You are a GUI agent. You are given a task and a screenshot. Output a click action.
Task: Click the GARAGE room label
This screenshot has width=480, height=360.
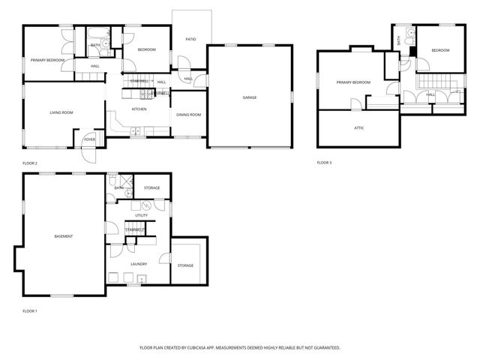pyautogui.click(x=249, y=97)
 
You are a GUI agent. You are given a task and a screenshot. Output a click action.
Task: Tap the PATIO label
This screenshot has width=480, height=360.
pyautogui.click(x=191, y=38)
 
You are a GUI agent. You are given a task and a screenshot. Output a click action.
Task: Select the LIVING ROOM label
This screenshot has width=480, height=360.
pyautogui.click(x=61, y=112)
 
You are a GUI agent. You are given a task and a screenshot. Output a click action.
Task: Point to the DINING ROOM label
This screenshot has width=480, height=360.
pyautogui.click(x=188, y=115)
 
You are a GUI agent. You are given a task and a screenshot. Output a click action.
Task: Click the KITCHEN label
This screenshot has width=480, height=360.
pyautogui.click(x=139, y=109)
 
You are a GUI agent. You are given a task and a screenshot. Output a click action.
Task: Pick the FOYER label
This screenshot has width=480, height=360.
pyautogui.click(x=89, y=139)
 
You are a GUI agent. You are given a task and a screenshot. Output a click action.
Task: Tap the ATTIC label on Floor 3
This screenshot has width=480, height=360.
pyautogui.click(x=359, y=128)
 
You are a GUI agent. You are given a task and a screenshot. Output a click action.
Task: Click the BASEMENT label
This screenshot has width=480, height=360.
pyautogui.click(x=64, y=236)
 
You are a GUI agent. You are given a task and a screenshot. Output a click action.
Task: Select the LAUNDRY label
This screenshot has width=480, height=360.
pyautogui.click(x=138, y=263)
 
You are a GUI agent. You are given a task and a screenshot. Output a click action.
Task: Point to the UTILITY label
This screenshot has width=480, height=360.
pyautogui.click(x=141, y=215)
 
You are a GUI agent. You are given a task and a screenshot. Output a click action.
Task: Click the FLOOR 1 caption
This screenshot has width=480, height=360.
pyautogui.click(x=30, y=310)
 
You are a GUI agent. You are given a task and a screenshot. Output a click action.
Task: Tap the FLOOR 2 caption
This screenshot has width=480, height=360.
pyautogui.click(x=30, y=163)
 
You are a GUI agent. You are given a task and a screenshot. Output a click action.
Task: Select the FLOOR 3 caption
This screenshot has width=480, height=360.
pyautogui.click(x=324, y=163)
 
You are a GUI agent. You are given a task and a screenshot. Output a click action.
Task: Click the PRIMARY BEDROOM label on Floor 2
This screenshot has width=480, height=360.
pyautogui.click(x=46, y=59)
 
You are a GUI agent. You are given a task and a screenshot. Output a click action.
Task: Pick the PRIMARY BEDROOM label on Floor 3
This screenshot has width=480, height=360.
pyautogui.click(x=352, y=82)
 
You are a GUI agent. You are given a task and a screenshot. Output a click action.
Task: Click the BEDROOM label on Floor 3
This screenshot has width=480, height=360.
pyautogui.click(x=440, y=50)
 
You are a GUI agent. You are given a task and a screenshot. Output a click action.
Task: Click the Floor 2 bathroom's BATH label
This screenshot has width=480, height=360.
pyautogui.click(x=95, y=45)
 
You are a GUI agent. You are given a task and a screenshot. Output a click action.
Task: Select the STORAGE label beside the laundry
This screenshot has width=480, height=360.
pyautogui.click(x=185, y=265)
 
